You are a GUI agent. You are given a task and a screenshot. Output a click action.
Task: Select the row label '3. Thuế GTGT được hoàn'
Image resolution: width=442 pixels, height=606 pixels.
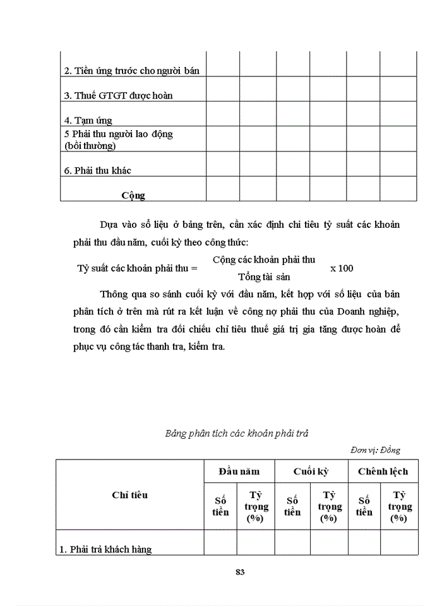[x=119, y=95]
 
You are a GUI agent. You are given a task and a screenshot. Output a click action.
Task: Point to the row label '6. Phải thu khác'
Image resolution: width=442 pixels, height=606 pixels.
[x=98, y=170]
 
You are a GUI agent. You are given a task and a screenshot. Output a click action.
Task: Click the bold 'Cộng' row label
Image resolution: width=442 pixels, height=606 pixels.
[x=133, y=195]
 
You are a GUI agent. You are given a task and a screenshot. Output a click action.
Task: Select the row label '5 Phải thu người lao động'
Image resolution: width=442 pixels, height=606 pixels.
[x=119, y=134]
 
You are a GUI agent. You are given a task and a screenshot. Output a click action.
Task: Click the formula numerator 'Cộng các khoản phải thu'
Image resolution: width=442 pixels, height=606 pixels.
[x=264, y=259]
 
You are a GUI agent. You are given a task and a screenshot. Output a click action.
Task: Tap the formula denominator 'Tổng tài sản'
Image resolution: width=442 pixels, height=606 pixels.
[x=264, y=276]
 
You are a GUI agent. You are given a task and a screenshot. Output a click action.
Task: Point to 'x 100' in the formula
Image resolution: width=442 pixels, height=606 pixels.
[x=342, y=268]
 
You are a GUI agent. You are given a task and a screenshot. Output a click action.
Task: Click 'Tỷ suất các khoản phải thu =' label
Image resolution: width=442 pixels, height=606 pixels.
[x=137, y=268]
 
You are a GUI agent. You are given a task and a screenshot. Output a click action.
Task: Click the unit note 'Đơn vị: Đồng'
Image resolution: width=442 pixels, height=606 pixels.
[x=374, y=450]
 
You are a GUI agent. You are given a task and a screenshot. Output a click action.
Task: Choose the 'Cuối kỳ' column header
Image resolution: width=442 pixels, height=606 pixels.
[x=310, y=471]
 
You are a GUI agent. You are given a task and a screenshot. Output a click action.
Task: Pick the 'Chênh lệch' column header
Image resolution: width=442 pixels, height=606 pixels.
[x=383, y=471]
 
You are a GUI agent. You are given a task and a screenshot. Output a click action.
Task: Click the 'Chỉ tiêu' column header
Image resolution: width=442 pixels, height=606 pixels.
[x=129, y=495]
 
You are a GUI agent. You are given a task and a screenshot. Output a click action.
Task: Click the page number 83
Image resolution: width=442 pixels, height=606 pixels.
[x=239, y=573]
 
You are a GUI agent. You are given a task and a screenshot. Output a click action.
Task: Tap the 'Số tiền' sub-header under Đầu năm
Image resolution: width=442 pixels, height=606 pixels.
[x=220, y=506]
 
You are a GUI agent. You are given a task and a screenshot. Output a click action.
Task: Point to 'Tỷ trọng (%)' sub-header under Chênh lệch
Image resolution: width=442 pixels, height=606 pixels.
[x=399, y=506]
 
